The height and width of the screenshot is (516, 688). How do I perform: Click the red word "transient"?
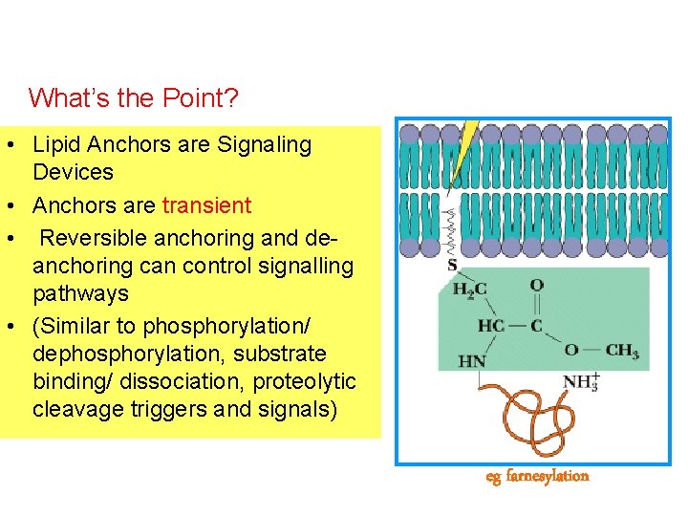[x=206, y=205]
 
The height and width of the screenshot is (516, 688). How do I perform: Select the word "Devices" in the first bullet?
[x=73, y=173]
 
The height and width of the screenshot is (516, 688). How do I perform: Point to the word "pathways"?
[x=80, y=292]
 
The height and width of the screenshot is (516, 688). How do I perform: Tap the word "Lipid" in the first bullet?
[x=54, y=145]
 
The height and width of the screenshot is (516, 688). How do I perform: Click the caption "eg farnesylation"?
[x=537, y=476]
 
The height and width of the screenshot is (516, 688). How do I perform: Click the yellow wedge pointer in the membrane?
[x=464, y=153]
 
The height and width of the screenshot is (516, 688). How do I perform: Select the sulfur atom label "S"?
[x=452, y=265]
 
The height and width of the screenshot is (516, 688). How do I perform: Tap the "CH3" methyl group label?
[x=621, y=351]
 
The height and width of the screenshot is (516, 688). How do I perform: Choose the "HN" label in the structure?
[x=472, y=361]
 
